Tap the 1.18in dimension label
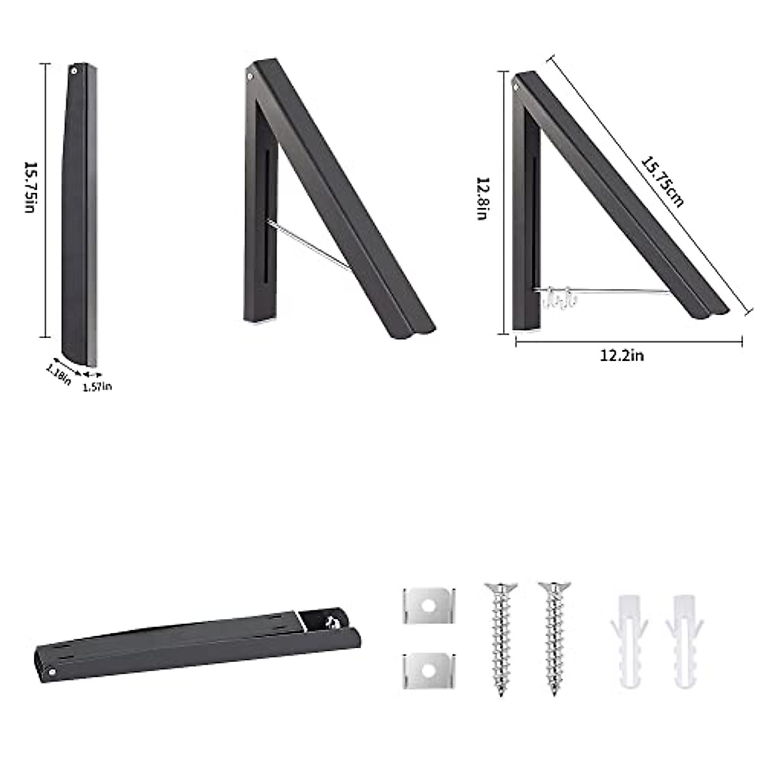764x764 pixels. [59, 374]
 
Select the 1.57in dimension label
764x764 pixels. [97, 386]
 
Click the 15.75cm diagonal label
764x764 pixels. [663, 182]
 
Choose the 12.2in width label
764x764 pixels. [621, 356]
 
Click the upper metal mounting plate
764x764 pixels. [429, 605]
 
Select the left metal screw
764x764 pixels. [501, 639]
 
